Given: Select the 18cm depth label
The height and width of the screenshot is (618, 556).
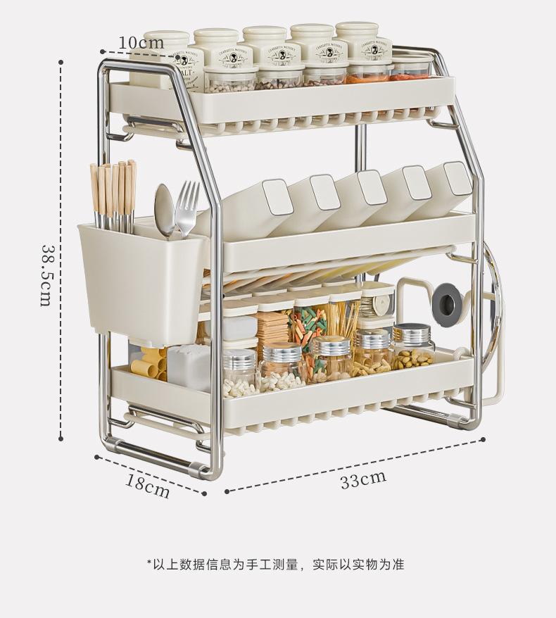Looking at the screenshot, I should coord(148,485).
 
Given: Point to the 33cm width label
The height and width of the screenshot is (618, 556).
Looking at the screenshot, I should coord(363,480).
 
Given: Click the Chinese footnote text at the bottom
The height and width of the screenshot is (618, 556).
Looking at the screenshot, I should coord(275,565).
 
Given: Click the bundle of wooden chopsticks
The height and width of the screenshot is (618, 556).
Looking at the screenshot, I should coord(113,196).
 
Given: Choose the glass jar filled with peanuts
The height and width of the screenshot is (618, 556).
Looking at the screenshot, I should coord(412,348).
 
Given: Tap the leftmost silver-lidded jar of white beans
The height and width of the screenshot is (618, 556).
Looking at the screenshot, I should coord(240,372).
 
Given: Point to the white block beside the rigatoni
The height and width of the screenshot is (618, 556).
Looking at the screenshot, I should coord(189,366).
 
